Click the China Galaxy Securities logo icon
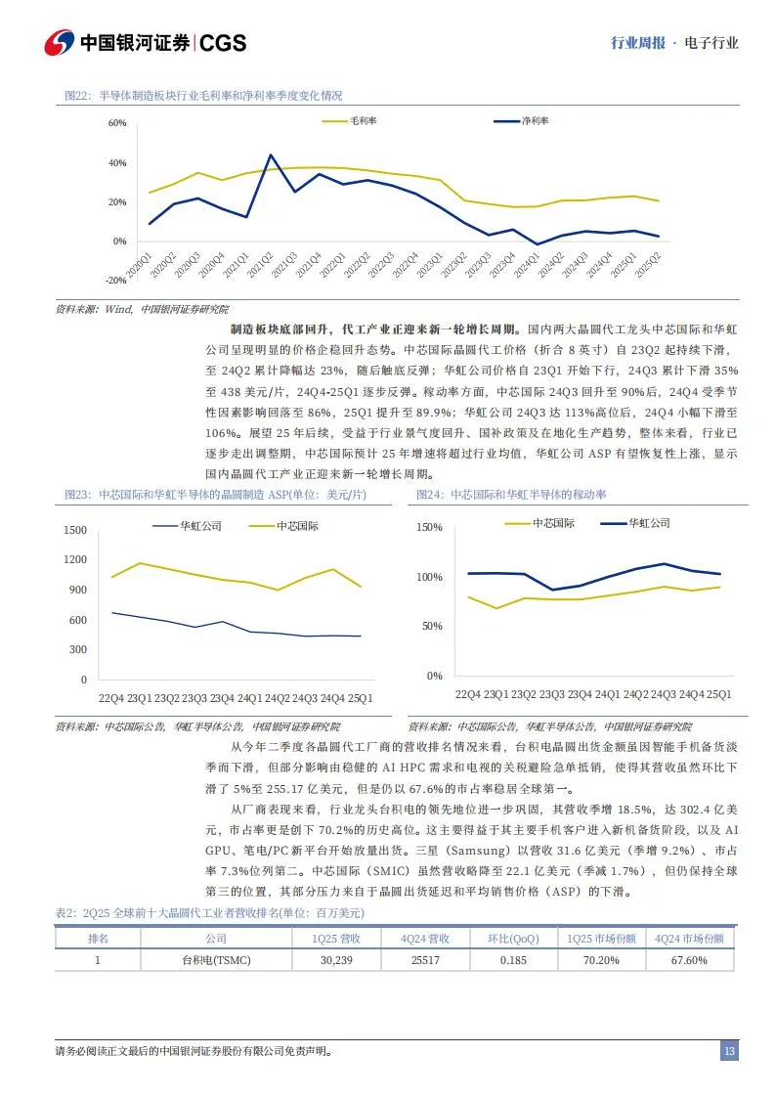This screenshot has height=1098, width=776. (x=60, y=42)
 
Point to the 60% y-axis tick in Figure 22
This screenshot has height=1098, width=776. (x=117, y=123)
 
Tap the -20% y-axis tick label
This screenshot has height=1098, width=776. (x=115, y=281)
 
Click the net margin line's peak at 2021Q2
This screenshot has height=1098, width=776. (x=271, y=154)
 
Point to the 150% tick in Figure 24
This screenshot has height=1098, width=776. (x=430, y=527)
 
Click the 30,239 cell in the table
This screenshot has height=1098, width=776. (x=342, y=960)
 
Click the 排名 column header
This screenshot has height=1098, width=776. (x=98, y=938)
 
